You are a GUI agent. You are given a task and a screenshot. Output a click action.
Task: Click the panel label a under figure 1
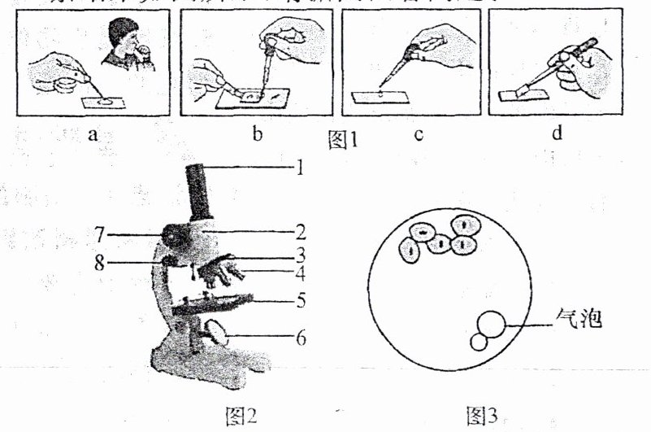point(93,134)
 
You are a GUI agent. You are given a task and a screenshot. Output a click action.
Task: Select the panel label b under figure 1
point(257,134)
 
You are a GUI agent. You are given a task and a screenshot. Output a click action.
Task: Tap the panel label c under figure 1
point(416,134)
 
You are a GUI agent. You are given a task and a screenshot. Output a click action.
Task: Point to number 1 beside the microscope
point(300,168)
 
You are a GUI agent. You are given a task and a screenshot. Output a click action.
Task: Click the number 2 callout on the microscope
point(300,229)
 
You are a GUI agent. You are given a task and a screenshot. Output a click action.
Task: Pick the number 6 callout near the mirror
point(300,337)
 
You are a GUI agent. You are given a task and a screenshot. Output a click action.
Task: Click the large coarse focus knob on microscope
point(173,237)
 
